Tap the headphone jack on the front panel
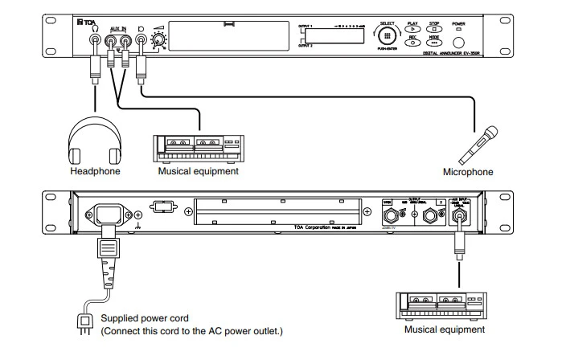(95, 39)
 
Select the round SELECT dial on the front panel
(389, 37)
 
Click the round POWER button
(458, 43)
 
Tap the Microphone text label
(468, 172)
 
